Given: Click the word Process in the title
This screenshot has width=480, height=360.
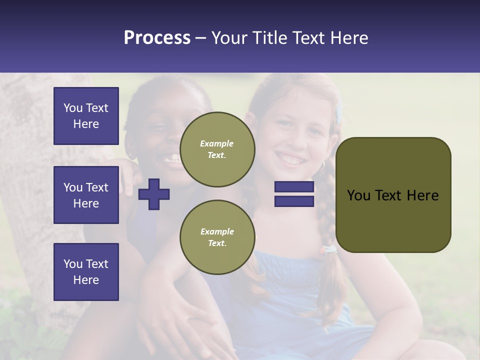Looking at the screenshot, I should click(157, 38).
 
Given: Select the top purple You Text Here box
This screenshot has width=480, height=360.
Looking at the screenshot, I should click(86, 116).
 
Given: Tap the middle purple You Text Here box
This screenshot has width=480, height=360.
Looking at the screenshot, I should click(86, 195).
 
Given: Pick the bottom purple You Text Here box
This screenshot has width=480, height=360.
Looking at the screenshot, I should click(86, 272).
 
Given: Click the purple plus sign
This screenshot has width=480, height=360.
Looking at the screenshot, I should click(154, 194).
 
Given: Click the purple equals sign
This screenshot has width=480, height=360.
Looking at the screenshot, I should click(294, 194).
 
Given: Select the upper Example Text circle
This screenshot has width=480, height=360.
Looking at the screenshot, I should click(217, 149).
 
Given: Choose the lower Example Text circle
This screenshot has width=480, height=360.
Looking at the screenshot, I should click(217, 237).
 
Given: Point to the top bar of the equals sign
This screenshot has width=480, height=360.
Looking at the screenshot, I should click(294, 187).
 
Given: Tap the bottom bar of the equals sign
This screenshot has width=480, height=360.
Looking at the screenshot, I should click(294, 201).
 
